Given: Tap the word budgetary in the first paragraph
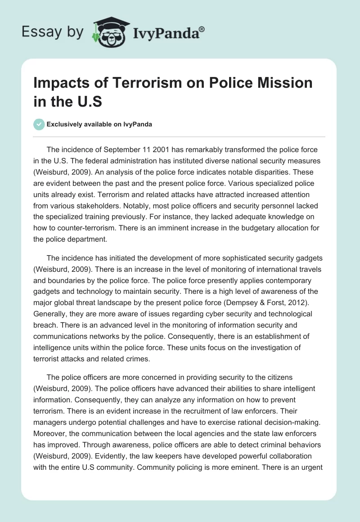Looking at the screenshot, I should coord(249,228).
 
